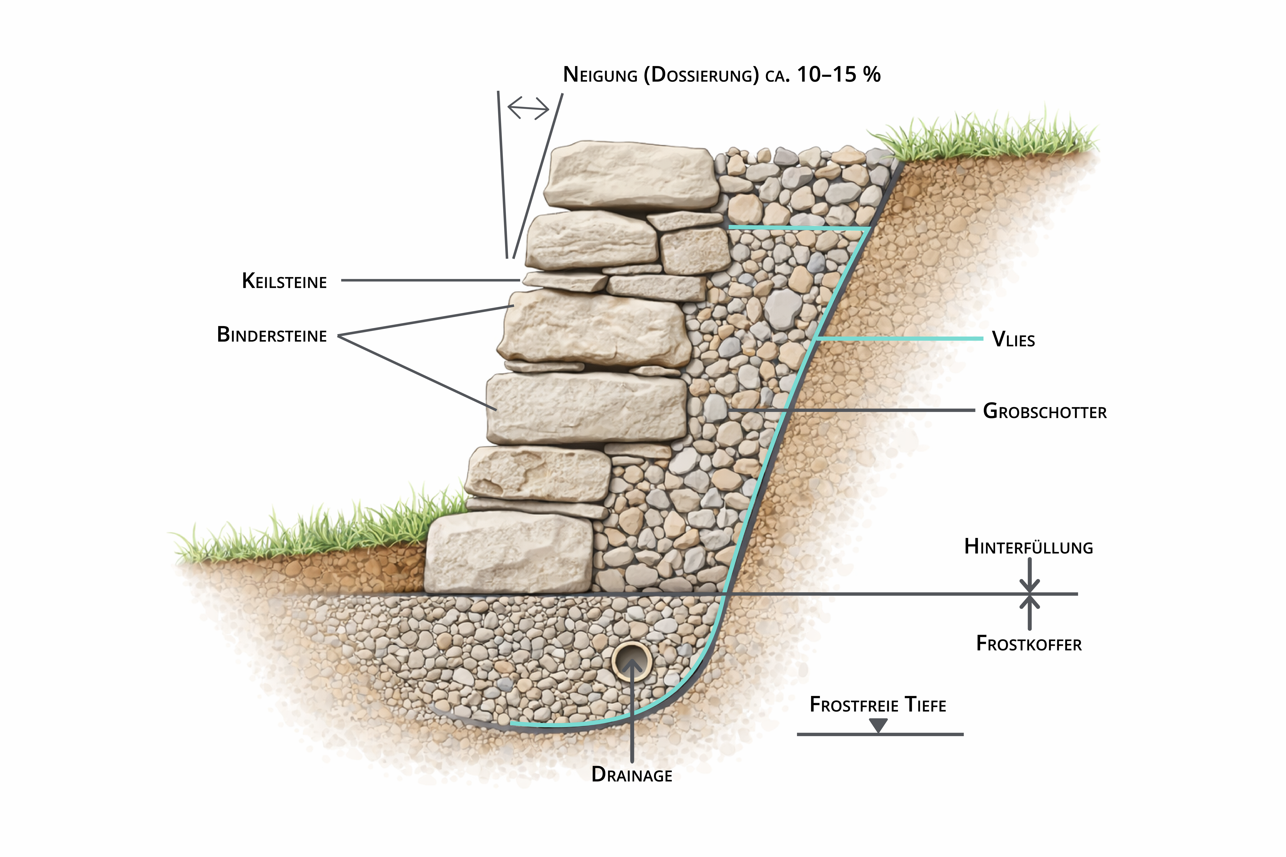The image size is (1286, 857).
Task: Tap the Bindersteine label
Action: pyautogui.click(x=272, y=335)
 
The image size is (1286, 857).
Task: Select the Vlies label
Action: pyautogui.click(x=1013, y=340)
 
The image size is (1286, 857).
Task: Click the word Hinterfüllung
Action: pyautogui.click(x=1028, y=547)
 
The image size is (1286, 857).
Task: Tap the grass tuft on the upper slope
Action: pyautogui.click(x=984, y=137)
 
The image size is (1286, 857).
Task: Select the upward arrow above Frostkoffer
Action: pyautogui.click(x=1030, y=609)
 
